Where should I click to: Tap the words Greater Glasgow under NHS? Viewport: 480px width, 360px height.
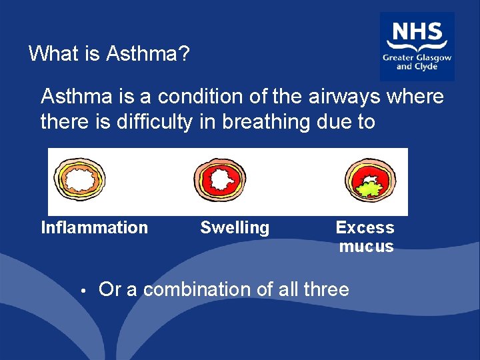417,58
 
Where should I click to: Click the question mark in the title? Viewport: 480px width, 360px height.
184,53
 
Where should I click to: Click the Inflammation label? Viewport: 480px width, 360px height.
95,227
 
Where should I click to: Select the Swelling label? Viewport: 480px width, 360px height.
235,227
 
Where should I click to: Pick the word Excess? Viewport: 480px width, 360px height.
365,227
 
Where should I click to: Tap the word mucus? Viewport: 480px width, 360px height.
366,246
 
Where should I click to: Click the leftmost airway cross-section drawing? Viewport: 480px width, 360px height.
78,180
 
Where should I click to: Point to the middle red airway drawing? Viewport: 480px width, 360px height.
219,181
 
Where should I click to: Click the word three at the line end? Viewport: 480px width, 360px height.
326,289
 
